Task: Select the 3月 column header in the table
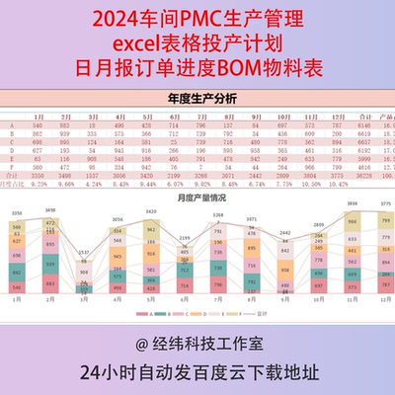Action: coord(92,116)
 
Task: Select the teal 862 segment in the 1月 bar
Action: coord(18,273)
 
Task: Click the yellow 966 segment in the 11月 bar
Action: coord(350,221)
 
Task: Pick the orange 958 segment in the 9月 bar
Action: coord(283,270)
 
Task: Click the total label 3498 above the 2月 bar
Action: coord(51,210)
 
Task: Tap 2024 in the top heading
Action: coord(111,19)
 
